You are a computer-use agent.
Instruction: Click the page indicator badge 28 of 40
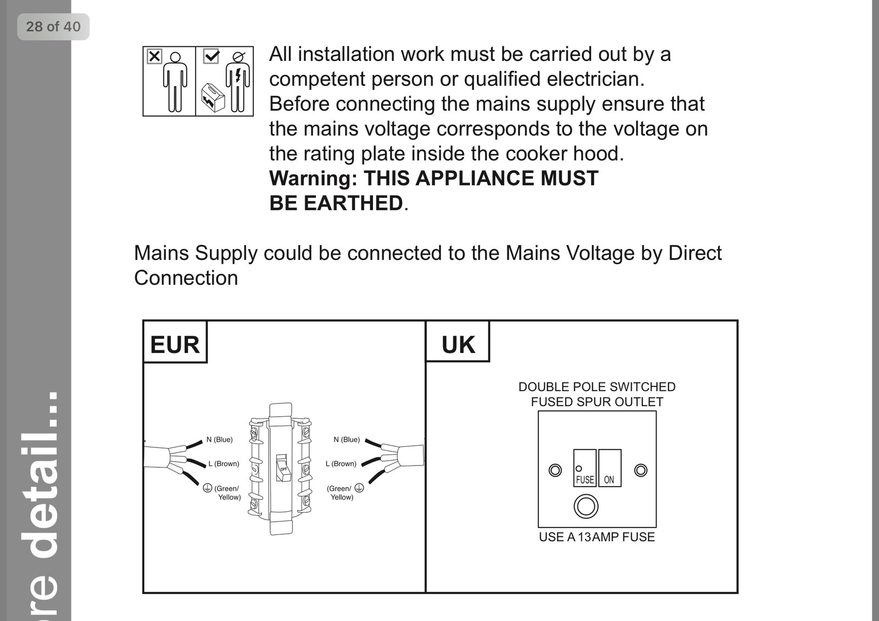tap(53, 27)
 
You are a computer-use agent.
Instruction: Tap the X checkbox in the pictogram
tap(154, 56)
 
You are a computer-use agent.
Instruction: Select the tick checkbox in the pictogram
tap(211, 56)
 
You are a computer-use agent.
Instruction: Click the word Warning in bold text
tap(313, 178)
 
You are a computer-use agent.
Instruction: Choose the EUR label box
tap(175, 342)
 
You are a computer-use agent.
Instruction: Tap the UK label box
tap(458, 342)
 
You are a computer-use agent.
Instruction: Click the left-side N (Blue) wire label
tap(219, 440)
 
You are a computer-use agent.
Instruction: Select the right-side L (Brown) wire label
tap(341, 463)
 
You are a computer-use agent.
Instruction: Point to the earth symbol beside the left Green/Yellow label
tap(208, 488)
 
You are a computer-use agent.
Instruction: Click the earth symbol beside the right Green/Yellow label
tap(359, 488)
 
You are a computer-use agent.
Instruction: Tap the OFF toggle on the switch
tap(282, 468)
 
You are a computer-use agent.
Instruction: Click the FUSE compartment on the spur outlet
tap(585, 468)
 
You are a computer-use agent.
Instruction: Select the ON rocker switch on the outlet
tap(610, 468)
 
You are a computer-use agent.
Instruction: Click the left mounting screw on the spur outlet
tap(555, 470)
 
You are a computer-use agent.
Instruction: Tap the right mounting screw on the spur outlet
tap(641, 470)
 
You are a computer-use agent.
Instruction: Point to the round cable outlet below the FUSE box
tap(586, 506)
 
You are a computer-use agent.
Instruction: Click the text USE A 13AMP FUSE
tap(597, 537)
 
